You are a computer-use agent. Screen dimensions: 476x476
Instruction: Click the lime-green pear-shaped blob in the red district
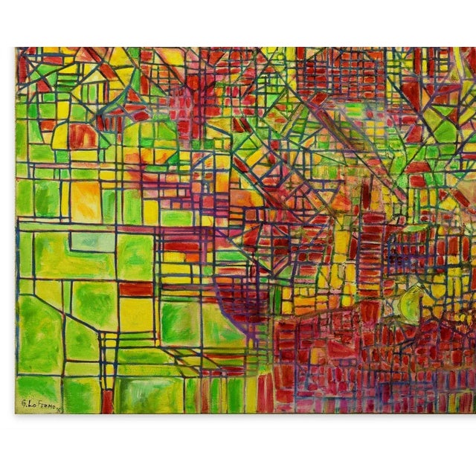[411, 304]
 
